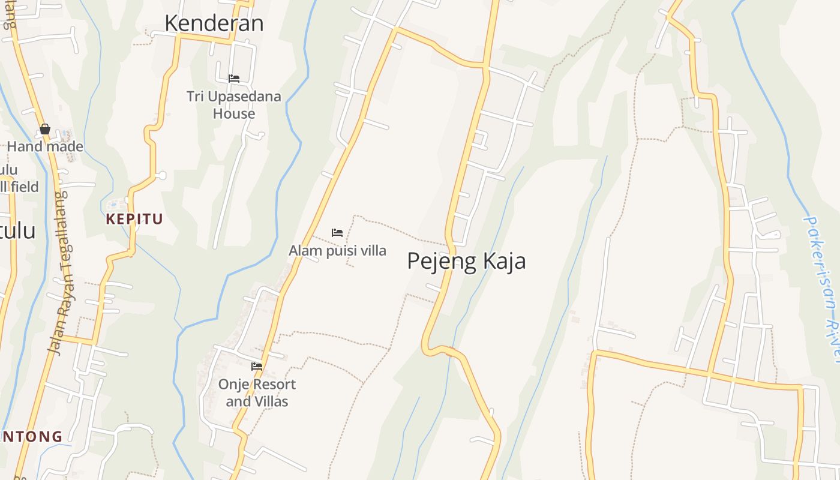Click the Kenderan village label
[214, 23]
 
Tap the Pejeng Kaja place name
[466, 261]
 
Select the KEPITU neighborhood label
[134, 219]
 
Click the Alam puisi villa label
[337, 251]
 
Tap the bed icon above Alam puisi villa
[337, 233]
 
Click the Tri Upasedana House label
[233, 105]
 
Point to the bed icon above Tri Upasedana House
[234, 79]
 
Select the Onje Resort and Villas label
[257, 393]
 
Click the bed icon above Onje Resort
[257, 366]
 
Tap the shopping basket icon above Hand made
[44, 129]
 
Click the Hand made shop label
[45, 146]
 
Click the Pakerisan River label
[824, 288]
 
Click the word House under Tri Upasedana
[233, 114]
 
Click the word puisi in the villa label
[340, 251]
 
